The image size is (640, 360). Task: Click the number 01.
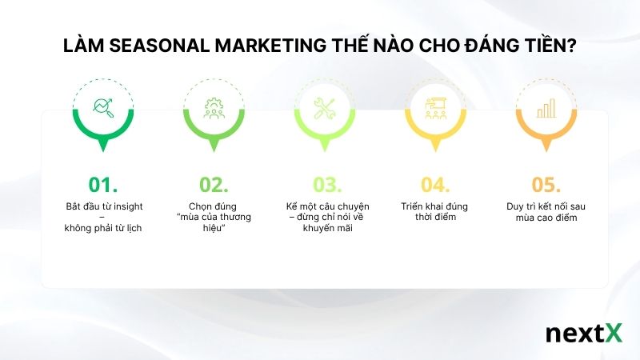[x=103, y=185]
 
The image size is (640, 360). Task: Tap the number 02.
[x=214, y=185]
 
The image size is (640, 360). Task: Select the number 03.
[x=326, y=185]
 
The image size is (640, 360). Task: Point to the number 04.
[x=437, y=185]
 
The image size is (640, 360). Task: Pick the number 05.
[x=548, y=185]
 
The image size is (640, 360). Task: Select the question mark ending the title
[x=571, y=47]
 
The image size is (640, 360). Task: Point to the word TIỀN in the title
[x=542, y=47]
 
